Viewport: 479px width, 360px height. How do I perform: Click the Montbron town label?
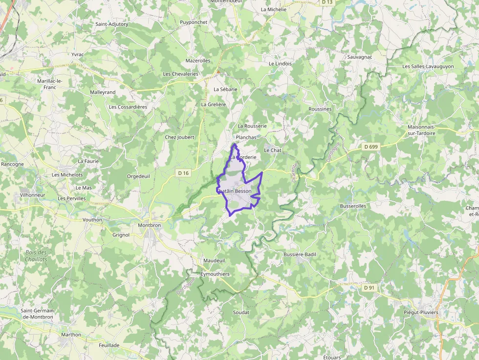150,225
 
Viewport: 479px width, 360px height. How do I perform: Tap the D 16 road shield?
183,173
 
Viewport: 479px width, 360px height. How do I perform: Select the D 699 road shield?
371,146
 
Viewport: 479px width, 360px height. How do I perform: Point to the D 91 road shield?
369,288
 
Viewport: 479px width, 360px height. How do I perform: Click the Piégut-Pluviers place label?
421,312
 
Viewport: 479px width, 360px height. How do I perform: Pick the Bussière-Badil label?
300,254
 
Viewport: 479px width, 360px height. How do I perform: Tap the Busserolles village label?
353,206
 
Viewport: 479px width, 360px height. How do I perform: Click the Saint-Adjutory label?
112,24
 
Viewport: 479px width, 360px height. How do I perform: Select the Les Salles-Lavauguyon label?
428,66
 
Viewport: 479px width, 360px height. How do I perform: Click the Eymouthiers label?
215,274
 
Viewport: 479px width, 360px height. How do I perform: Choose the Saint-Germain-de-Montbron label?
38,314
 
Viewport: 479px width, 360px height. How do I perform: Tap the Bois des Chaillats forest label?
36,256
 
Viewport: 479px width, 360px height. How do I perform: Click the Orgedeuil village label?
138,176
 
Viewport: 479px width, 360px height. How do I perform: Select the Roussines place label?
320,109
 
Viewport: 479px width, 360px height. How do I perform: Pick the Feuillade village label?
109,345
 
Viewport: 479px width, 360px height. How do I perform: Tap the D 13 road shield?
327,2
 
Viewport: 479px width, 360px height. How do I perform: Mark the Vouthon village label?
92,220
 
